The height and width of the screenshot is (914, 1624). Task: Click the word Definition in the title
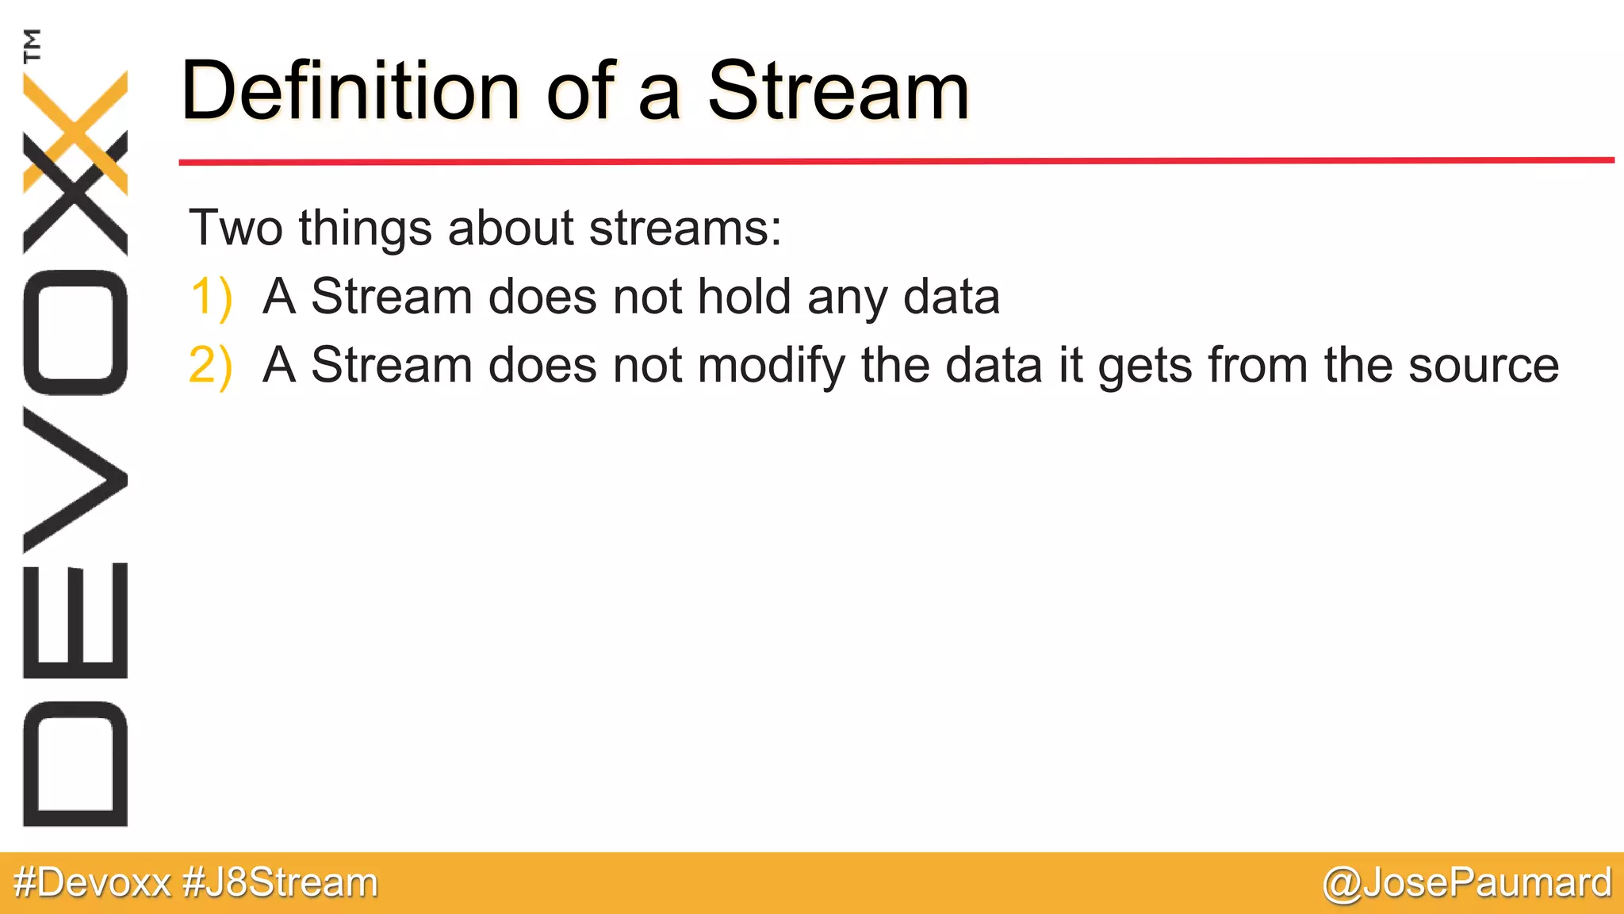(x=349, y=91)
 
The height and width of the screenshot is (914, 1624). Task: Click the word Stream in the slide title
(x=838, y=91)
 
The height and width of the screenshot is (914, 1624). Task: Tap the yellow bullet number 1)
(x=211, y=298)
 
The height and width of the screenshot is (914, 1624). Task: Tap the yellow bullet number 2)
(x=211, y=366)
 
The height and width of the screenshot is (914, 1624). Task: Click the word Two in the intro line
(x=236, y=228)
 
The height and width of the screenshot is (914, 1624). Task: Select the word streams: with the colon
(x=685, y=228)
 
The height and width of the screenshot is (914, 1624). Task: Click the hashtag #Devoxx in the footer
(x=93, y=883)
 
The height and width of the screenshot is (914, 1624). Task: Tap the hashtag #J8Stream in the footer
(x=280, y=883)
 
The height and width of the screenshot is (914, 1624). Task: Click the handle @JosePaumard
(x=1467, y=883)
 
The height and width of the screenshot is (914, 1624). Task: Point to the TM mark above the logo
(x=33, y=45)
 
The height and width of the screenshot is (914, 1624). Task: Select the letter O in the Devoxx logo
(x=75, y=332)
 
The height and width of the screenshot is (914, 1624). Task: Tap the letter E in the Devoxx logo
(x=75, y=620)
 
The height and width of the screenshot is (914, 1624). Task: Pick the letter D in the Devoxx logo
(x=75, y=763)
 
